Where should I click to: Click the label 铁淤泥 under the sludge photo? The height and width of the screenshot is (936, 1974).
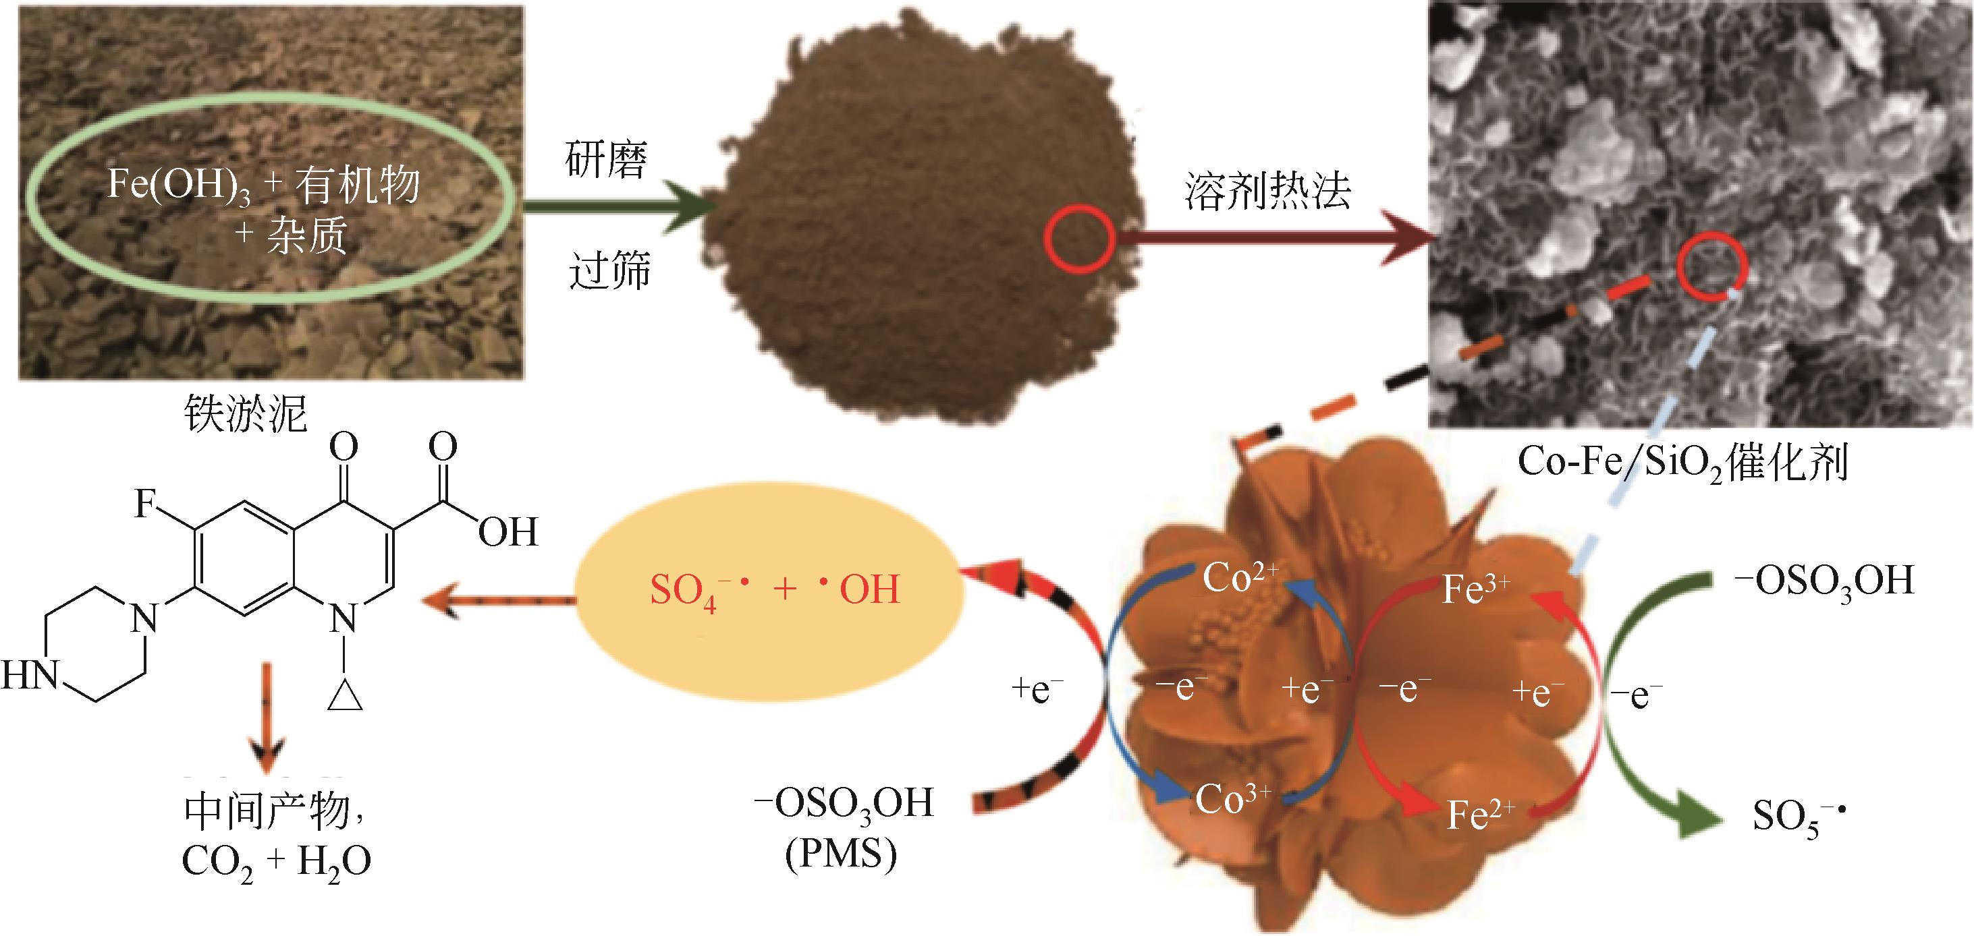point(245,413)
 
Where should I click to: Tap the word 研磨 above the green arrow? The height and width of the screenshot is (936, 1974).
point(606,160)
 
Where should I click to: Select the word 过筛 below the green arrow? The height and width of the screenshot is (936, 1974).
point(609,270)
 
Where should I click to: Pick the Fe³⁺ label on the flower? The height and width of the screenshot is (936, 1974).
point(1475,589)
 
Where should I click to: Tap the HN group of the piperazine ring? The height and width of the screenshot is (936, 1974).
point(30,676)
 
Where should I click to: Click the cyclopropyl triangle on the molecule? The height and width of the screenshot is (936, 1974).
point(344,693)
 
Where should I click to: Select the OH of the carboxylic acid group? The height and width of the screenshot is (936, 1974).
point(508,531)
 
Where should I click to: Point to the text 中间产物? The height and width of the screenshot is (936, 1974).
point(265,812)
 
